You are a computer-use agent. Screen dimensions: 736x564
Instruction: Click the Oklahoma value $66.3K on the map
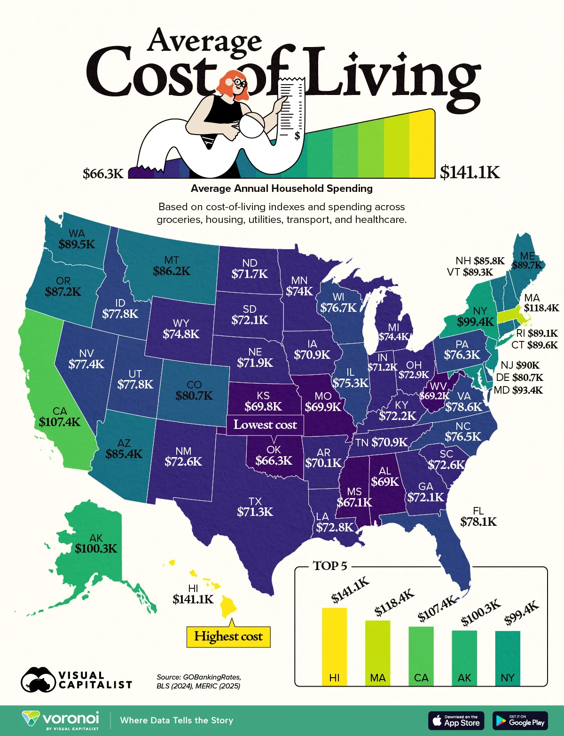pos(274,460)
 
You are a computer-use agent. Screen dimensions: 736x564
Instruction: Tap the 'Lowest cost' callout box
pos(265,425)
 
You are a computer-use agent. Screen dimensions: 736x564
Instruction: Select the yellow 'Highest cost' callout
pos(228,637)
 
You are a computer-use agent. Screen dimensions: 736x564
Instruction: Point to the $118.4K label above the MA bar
pos(394,602)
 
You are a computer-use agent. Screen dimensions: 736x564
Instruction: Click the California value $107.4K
pos(60,422)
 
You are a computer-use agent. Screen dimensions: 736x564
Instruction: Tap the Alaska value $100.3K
pos(96,548)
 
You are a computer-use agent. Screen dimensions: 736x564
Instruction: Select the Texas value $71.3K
pos(255,512)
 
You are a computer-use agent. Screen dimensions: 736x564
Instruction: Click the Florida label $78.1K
pos(478,522)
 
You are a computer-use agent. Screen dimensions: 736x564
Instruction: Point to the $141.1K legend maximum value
pos(470,173)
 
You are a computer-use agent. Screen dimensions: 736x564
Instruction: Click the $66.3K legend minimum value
pos(103,174)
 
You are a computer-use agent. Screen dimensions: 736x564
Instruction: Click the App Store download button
pos(455,720)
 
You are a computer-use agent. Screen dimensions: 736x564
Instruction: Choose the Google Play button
pos(520,720)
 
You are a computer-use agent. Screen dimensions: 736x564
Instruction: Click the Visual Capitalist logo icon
pos(38,680)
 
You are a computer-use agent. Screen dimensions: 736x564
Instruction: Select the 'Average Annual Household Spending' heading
pos(282,189)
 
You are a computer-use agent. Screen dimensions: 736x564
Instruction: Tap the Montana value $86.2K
pos(172,271)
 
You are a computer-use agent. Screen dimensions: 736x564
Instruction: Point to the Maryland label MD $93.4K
pos(518,390)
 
